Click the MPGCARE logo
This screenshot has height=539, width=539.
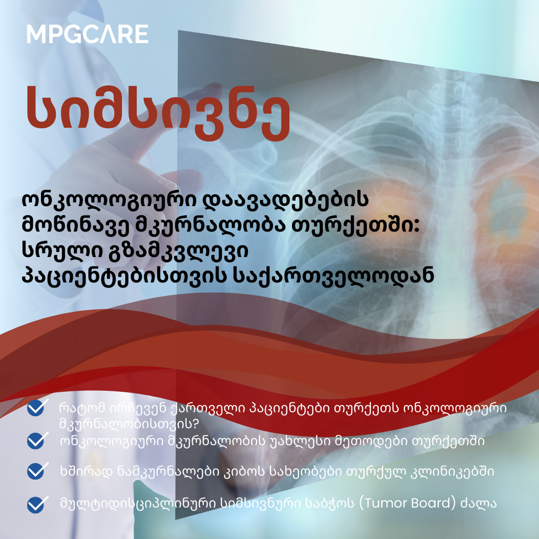(x=87, y=34)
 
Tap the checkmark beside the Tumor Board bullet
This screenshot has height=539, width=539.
(x=35, y=503)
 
